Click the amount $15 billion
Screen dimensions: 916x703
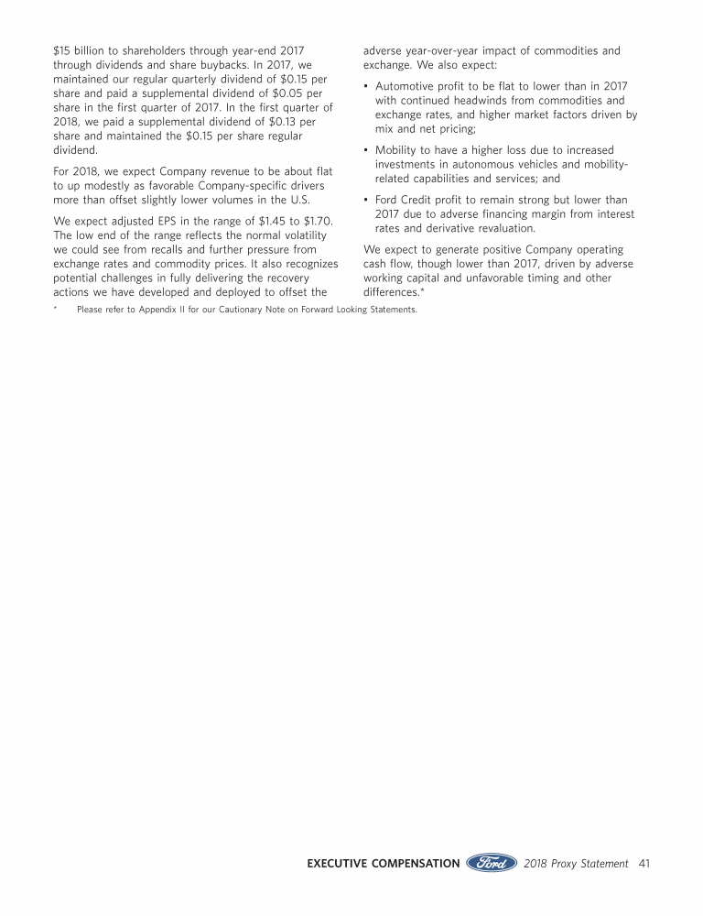(81, 50)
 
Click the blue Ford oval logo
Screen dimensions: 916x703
(492, 863)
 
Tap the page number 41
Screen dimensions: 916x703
(644, 863)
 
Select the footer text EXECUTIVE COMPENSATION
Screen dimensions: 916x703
(383, 863)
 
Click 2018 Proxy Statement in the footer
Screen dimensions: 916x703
(577, 863)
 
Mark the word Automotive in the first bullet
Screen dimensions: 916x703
(406, 86)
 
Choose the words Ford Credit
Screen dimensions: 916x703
(406, 200)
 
